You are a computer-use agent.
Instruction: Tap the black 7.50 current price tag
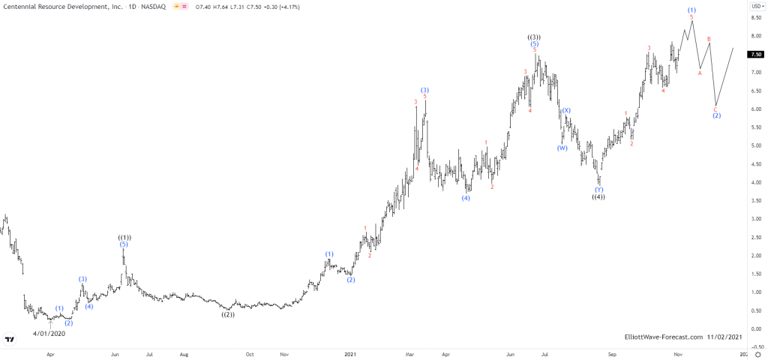click(756, 54)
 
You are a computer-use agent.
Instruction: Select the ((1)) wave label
click(124, 237)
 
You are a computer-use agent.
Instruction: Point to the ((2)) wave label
click(228, 315)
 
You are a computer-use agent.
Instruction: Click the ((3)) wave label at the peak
click(534, 37)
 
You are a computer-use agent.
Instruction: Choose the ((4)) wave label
click(598, 196)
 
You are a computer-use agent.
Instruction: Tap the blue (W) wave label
click(562, 148)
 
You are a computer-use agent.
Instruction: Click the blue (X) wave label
click(566, 110)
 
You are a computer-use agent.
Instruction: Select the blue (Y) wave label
click(598, 189)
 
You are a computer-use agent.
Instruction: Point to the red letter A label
click(700, 73)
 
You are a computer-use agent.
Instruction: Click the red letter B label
click(709, 39)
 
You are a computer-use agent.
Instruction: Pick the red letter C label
click(715, 109)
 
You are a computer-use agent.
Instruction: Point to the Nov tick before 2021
click(283, 352)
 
